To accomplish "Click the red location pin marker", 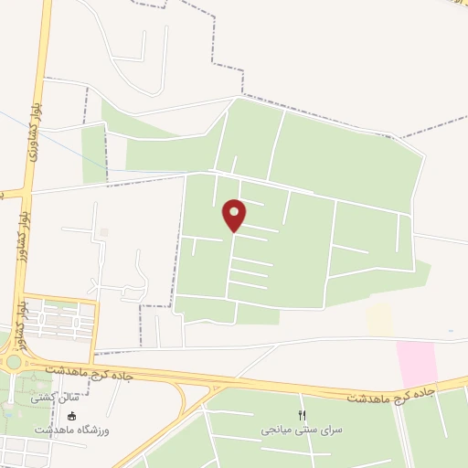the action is click(x=235, y=215).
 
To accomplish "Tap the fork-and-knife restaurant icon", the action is click(x=303, y=414).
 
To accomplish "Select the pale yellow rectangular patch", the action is click(x=379, y=319).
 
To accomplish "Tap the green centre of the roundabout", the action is click(x=14, y=360).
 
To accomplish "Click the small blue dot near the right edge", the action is click(x=449, y=331).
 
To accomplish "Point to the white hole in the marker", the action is click(x=235, y=210).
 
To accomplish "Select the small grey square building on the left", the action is click(x=103, y=232).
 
